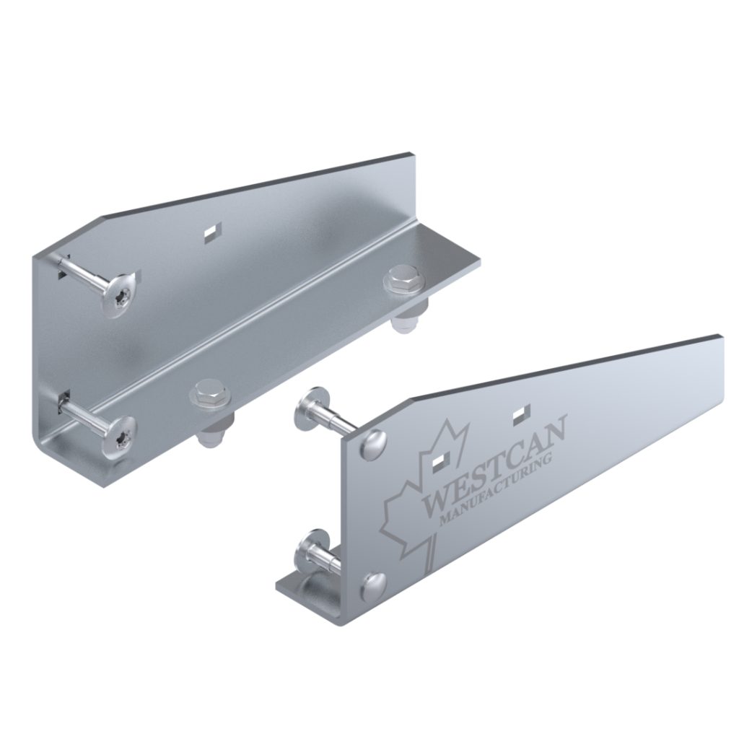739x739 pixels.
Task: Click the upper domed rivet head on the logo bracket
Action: point(374,442)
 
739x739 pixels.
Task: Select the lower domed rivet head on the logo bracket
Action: point(374,585)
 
